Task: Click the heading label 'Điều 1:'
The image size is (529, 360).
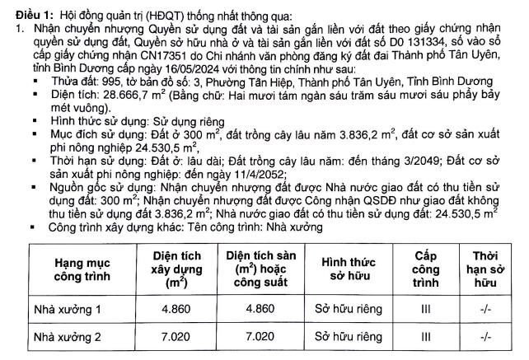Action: click(25, 10)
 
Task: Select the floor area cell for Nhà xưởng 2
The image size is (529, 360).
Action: click(262, 336)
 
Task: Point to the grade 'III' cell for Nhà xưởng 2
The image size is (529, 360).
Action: click(425, 336)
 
